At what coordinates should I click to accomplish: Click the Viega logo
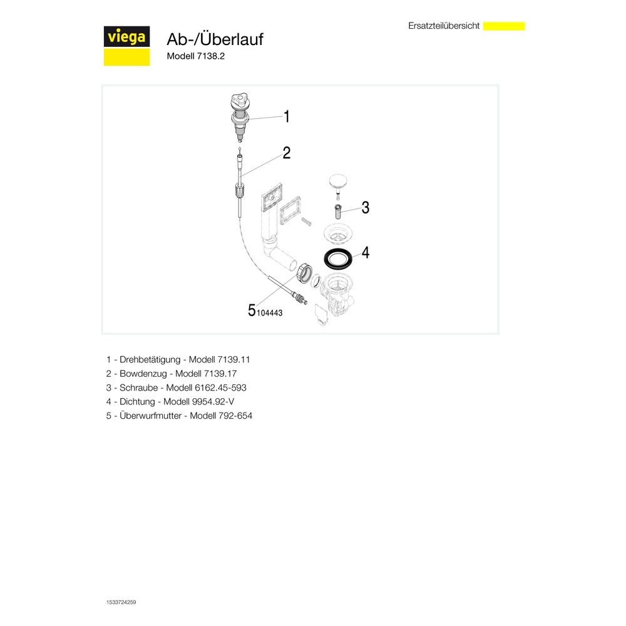click(x=126, y=46)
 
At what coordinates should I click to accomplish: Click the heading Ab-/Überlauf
click(x=215, y=39)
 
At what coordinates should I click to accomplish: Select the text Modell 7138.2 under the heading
click(x=195, y=56)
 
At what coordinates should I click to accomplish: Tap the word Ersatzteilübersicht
click(x=444, y=26)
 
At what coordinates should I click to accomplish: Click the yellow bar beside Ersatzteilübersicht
click(x=504, y=26)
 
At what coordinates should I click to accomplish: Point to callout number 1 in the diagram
click(x=286, y=116)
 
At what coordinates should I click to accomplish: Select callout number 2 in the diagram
click(x=286, y=153)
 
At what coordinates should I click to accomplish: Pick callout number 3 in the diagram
click(x=366, y=208)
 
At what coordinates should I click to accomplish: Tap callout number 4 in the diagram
click(x=366, y=252)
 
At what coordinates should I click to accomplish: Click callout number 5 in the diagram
click(x=252, y=310)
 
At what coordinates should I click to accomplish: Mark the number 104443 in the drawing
click(x=269, y=313)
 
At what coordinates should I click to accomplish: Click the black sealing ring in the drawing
click(x=338, y=258)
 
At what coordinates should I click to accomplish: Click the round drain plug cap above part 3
click(x=338, y=182)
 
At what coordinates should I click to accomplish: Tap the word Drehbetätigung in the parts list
click(x=150, y=360)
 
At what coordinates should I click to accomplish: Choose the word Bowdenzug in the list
click(x=143, y=374)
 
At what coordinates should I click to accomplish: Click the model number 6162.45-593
click(x=220, y=387)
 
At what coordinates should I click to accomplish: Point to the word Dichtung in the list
click(x=137, y=402)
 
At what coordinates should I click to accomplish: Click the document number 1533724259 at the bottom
click(x=121, y=602)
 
